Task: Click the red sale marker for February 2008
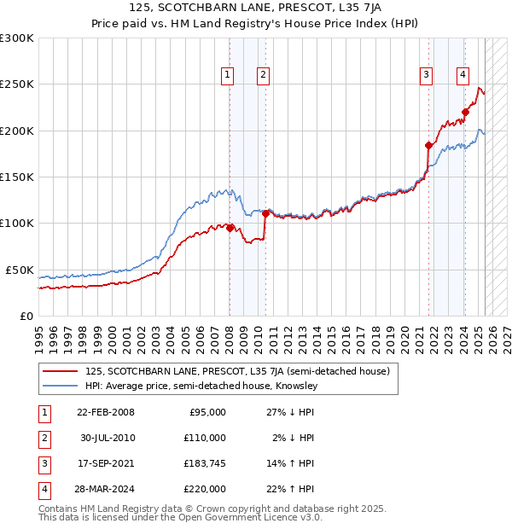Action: pyautogui.click(x=230, y=227)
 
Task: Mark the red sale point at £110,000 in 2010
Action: pyautogui.click(x=266, y=213)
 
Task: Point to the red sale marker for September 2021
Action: pyautogui.click(x=429, y=145)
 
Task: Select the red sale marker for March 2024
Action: pyautogui.click(x=466, y=112)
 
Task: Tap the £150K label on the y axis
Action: pyautogui.click(x=17, y=177)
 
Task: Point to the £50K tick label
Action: pyautogui.click(x=20, y=270)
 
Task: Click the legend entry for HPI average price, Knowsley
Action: pyautogui.click(x=201, y=386)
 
